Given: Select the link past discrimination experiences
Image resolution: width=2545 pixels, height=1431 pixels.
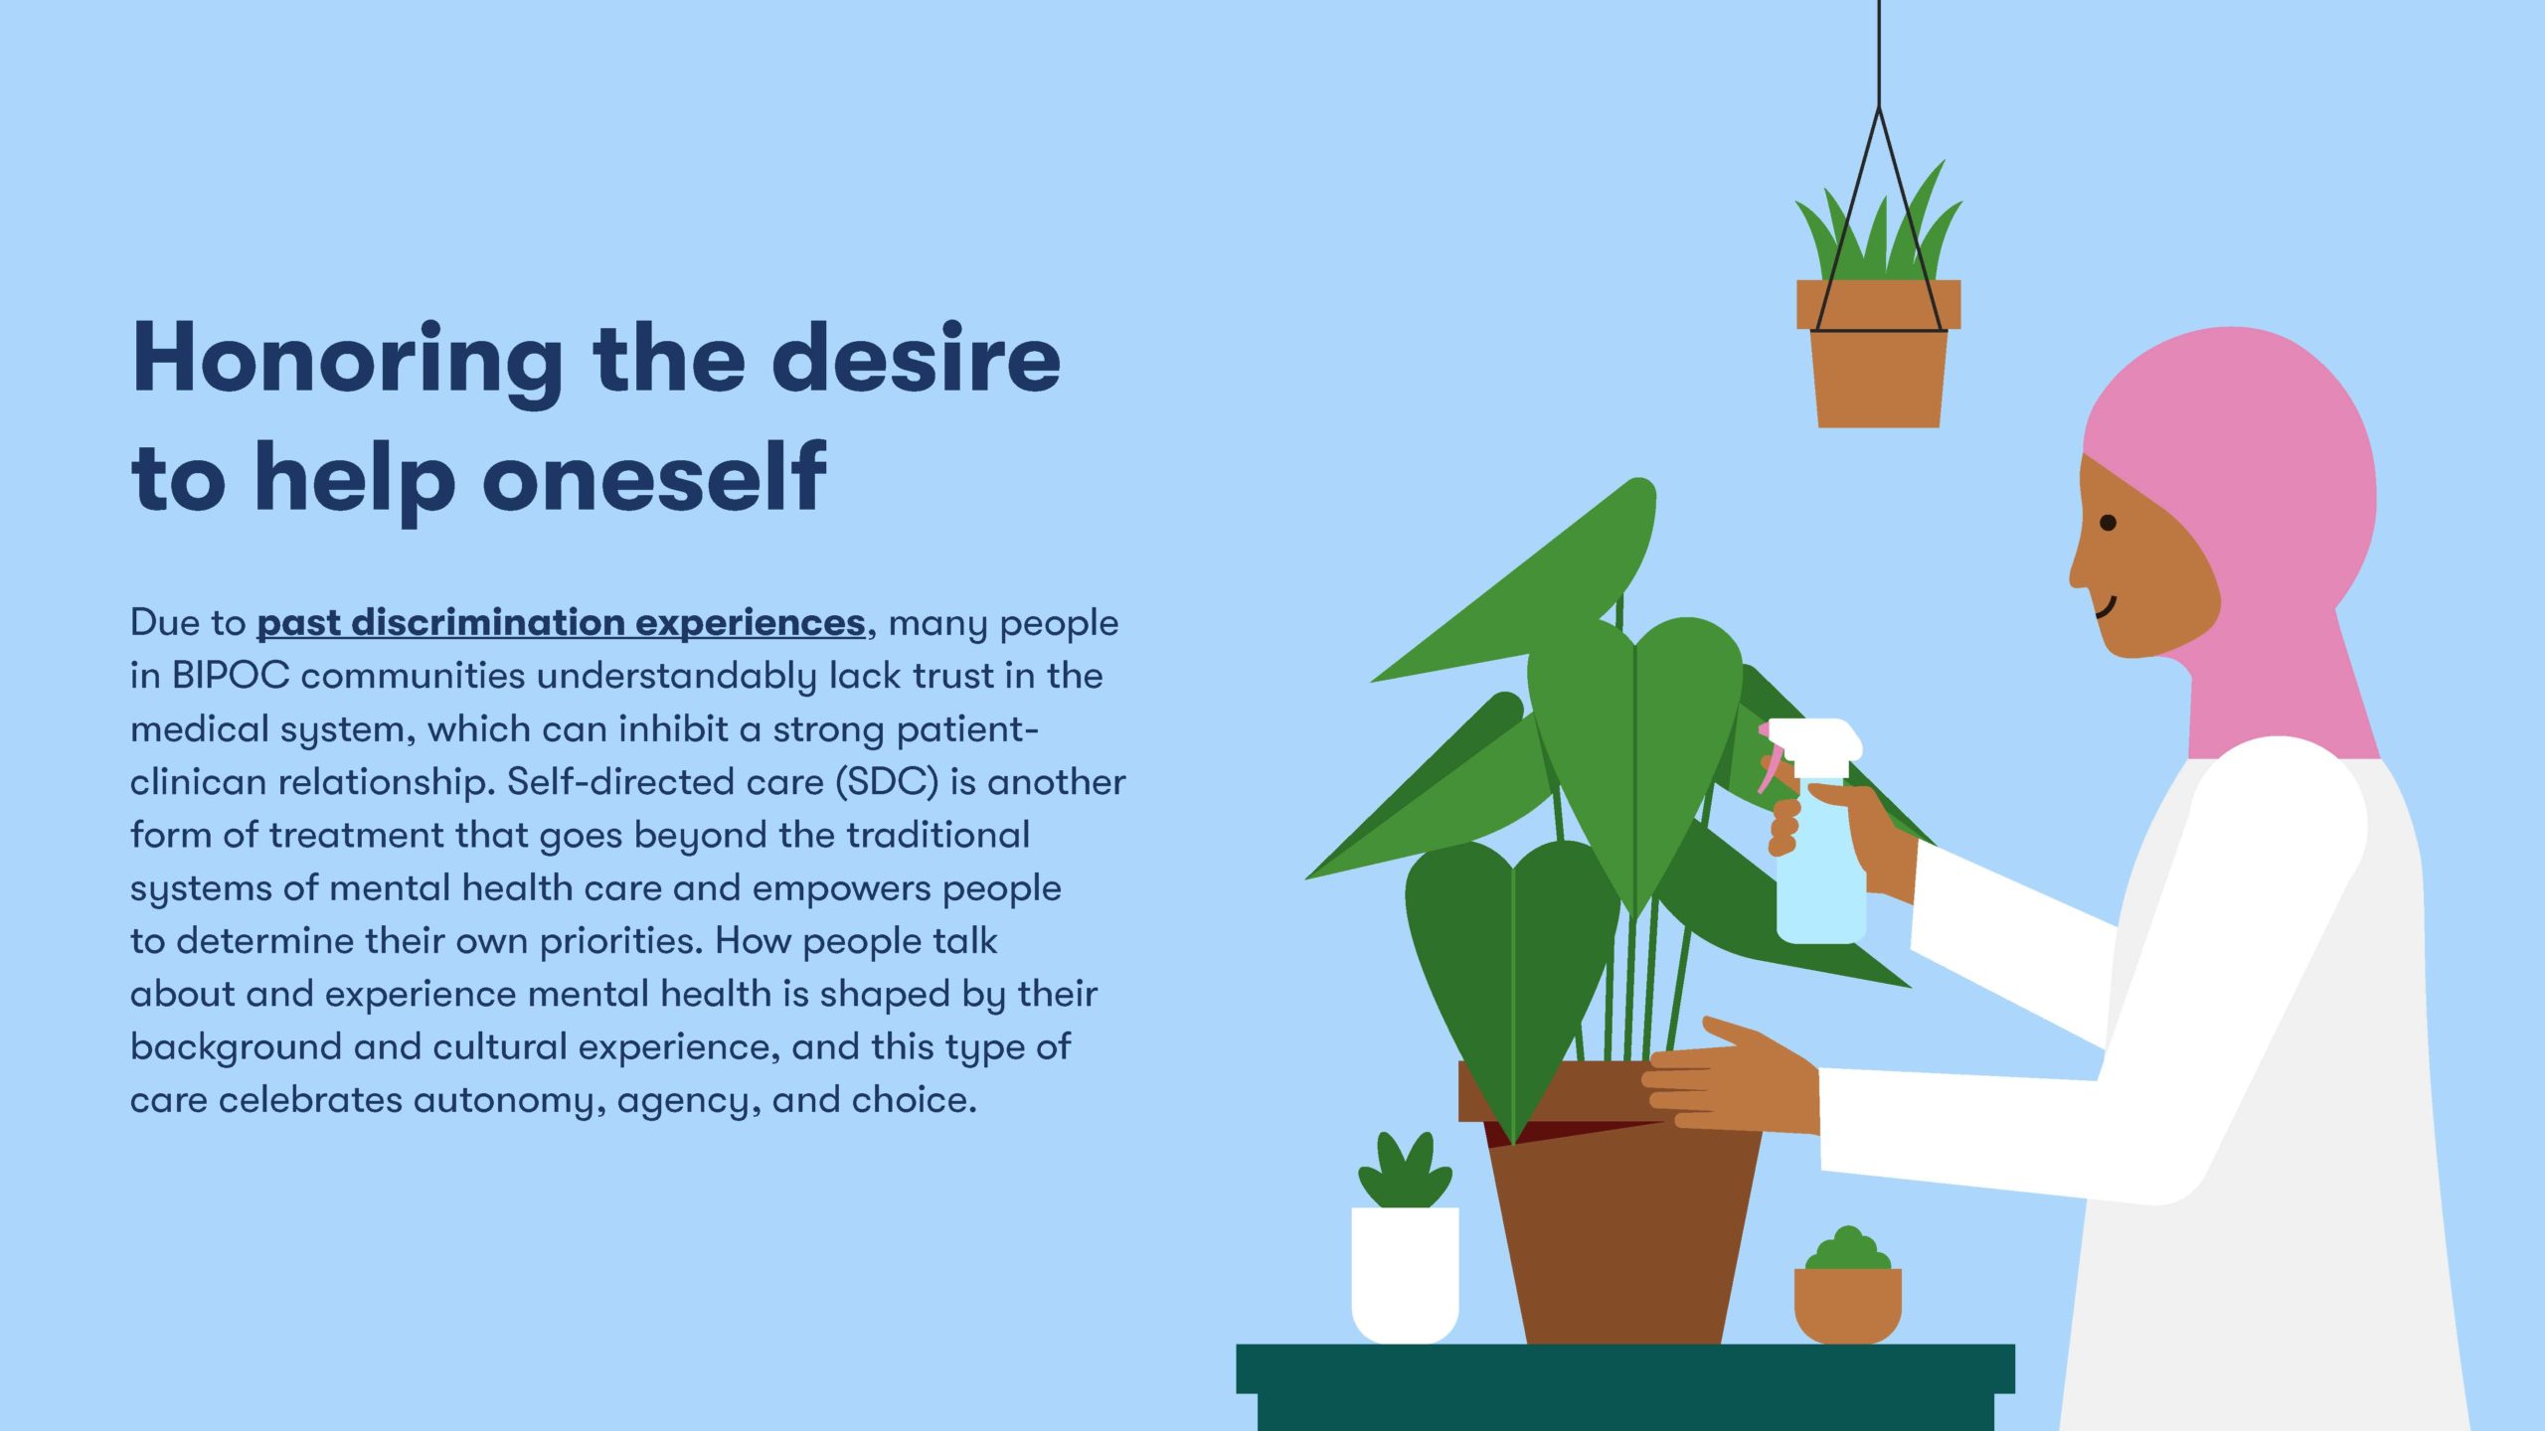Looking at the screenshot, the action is pyautogui.click(x=561, y=623).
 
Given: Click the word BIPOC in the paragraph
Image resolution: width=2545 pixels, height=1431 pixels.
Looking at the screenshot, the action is pyautogui.click(x=230, y=676).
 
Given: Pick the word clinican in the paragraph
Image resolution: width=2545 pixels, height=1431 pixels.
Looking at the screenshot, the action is pyautogui.click(x=198, y=782).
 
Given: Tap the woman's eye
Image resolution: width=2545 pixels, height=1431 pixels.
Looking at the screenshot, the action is pyautogui.click(x=2108, y=523).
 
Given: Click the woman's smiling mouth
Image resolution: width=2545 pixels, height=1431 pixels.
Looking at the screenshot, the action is pyautogui.click(x=2107, y=607).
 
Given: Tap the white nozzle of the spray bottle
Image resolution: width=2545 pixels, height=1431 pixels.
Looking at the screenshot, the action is pyautogui.click(x=1814, y=740).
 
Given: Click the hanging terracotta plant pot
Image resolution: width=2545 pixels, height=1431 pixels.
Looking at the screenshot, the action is pyautogui.click(x=1878, y=354).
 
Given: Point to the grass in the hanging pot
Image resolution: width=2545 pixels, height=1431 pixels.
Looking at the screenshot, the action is pyautogui.click(x=1878, y=234).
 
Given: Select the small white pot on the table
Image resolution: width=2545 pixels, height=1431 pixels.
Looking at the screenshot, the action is pyautogui.click(x=1405, y=1275).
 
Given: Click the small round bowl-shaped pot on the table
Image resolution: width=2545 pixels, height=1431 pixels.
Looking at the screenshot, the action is pyautogui.click(x=1847, y=1306).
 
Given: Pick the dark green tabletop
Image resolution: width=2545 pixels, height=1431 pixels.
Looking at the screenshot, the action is pyautogui.click(x=1625, y=1369).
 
